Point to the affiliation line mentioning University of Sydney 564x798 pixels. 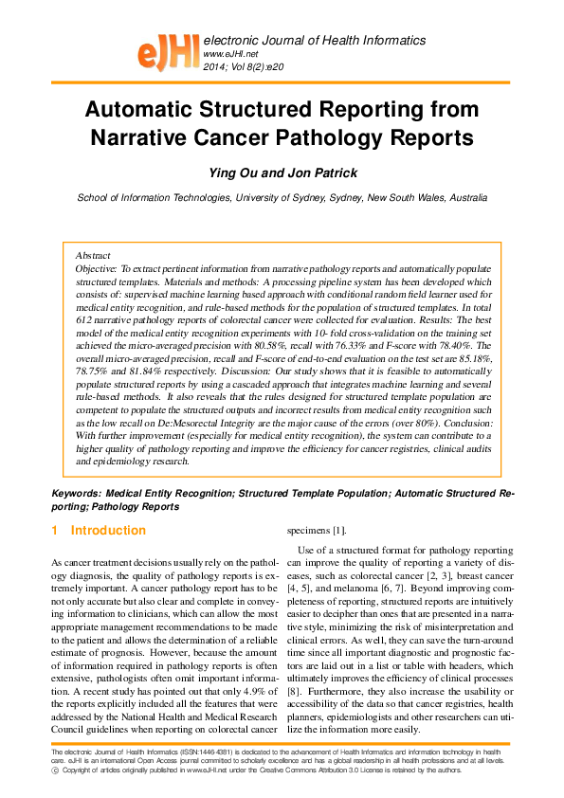pos(282,198)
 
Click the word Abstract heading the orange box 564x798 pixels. pos(92,256)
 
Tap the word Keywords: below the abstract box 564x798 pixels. pos(76,494)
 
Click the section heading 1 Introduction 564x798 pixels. pos(100,530)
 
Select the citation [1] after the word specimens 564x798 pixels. pos(338,530)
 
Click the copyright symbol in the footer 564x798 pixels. pos(55,771)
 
